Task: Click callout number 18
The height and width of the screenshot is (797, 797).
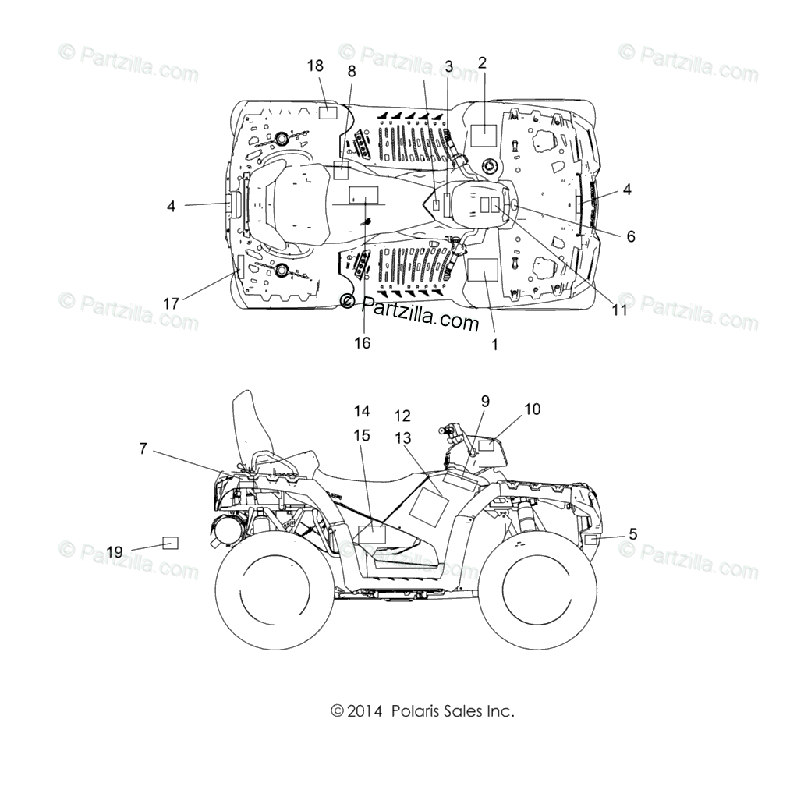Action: point(315,66)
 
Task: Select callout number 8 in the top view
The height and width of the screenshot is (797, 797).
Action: point(352,71)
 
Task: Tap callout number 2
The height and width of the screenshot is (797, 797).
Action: point(482,63)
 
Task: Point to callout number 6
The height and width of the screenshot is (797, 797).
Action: point(631,236)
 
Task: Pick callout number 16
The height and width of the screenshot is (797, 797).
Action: point(362,342)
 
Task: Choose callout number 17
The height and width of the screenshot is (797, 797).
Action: point(171,303)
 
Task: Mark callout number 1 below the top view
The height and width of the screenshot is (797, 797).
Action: point(494,344)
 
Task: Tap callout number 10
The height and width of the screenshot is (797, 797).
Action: point(532,409)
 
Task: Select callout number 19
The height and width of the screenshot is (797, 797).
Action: point(115,552)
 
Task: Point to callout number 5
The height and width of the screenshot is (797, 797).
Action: point(632,534)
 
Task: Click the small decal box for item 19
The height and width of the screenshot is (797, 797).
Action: point(170,543)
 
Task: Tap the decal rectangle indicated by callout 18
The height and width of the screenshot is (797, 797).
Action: point(328,111)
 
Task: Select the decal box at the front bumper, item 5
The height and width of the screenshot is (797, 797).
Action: point(592,540)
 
